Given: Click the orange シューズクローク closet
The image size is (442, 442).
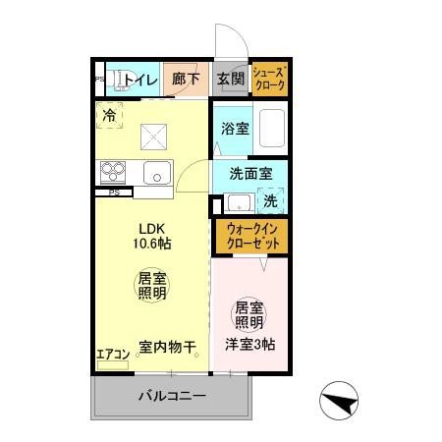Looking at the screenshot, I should [x=269, y=79].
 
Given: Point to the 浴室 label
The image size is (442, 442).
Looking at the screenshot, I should [x=234, y=128].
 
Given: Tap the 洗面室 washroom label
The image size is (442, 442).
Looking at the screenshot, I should [x=250, y=173].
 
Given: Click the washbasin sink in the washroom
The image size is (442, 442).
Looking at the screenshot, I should [x=236, y=202].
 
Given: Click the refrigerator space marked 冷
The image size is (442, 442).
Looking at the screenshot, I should [x=109, y=116].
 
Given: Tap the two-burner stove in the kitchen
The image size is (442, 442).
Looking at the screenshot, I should [x=113, y=172].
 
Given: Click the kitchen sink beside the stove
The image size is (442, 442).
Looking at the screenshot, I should [x=157, y=174].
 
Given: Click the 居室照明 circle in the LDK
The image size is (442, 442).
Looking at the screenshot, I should [x=150, y=287].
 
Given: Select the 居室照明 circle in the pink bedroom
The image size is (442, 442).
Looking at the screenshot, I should [x=248, y=314].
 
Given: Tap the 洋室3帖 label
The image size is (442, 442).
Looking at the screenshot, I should [x=249, y=345].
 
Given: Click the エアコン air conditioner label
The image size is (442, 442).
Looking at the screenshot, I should [x=112, y=354].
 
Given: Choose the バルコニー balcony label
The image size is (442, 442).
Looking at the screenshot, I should [x=171, y=398].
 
